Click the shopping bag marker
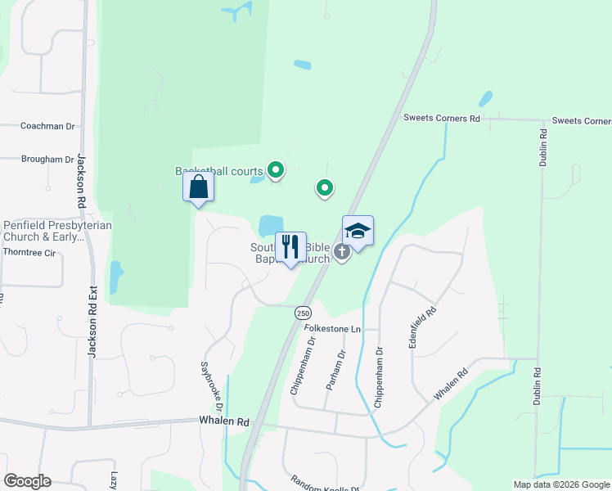[x=199, y=187]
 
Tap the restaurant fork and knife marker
[x=290, y=247]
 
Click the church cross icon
[x=342, y=253]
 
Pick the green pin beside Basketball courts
[x=277, y=170]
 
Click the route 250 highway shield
[x=304, y=313]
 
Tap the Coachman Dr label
[x=47, y=127]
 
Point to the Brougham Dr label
[x=47, y=160]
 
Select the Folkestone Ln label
[x=332, y=329]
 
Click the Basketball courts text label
[x=219, y=172]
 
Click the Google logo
[x=27, y=481]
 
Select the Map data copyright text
[x=561, y=484]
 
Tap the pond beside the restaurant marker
[x=271, y=224]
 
